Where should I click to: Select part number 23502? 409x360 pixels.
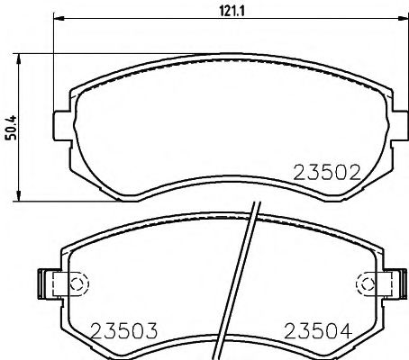[x=327, y=171]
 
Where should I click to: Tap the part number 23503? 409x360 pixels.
[x=123, y=330]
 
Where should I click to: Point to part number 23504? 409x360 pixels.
[x=316, y=330]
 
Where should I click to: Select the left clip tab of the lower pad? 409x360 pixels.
[x=46, y=283]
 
